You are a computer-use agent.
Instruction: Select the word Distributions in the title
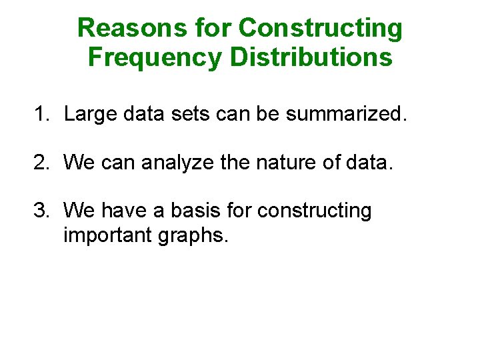pos(311,57)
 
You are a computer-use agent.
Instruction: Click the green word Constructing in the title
pos(321,28)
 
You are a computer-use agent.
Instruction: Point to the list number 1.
pos(41,115)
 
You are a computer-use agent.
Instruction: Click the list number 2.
pos(41,163)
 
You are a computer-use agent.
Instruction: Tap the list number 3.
pos(41,211)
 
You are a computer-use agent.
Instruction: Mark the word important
pos(107,235)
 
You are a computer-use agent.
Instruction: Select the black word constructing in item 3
pos(314,211)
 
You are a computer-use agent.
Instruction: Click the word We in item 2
pos(79,163)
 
